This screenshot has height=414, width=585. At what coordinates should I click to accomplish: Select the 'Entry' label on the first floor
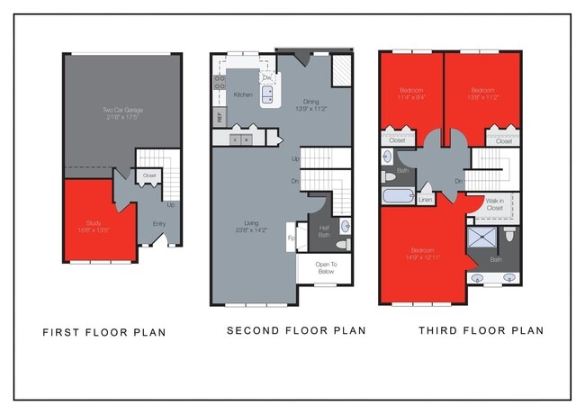pos(158,224)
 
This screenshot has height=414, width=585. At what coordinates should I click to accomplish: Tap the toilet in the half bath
pos(341,244)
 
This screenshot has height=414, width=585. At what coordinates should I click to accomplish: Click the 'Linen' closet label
pos(426,199)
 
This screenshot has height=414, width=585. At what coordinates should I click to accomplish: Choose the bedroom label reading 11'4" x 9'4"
pos(410,92)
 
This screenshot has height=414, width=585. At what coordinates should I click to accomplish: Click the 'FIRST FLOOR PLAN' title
pos(104,332)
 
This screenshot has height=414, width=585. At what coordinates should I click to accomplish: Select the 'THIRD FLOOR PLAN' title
pos(481,330)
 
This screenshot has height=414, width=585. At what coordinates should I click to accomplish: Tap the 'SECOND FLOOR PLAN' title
pos(296,330)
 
